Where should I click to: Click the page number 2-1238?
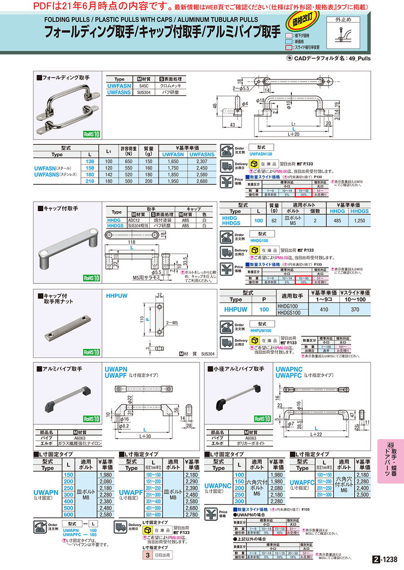385,559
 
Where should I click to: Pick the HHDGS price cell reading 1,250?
359,221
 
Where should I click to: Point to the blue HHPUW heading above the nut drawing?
117,296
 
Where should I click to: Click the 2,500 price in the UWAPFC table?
362,495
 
